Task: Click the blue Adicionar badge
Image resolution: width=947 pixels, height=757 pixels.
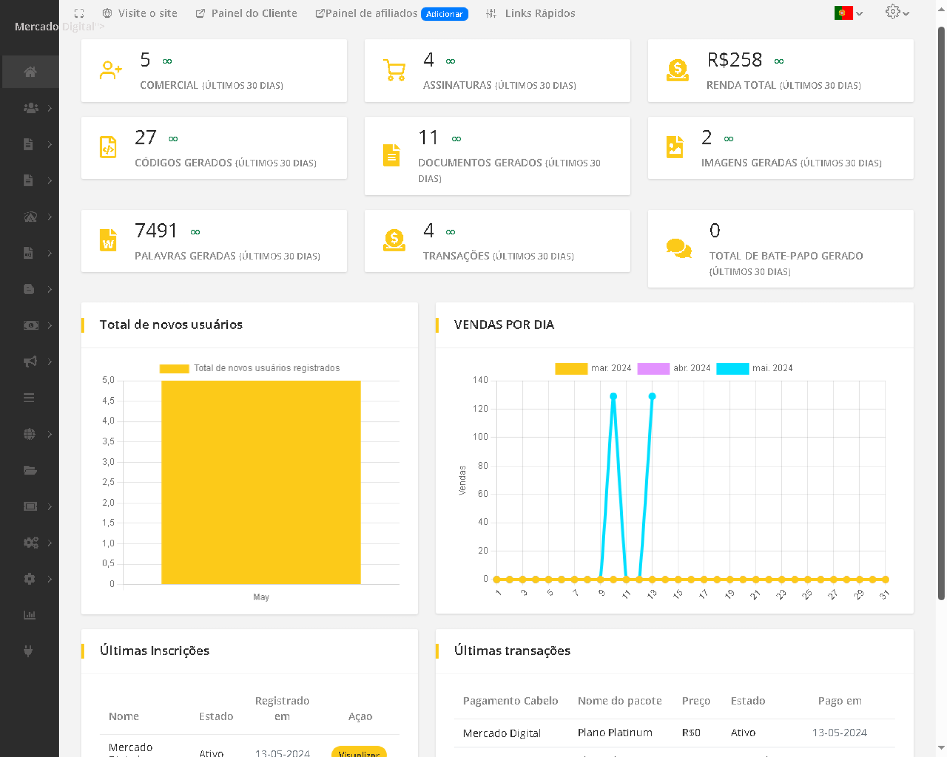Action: tap(444, 14)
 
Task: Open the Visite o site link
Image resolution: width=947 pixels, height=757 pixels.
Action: tap(140, 13)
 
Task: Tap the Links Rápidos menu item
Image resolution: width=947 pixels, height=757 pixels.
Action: tap(531, 13)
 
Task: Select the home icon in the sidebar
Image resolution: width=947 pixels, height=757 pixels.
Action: tap(30, 72)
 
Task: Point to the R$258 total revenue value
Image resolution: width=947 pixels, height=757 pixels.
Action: tap(734, 60)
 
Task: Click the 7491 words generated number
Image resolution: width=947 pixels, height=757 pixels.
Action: tap(156, 231)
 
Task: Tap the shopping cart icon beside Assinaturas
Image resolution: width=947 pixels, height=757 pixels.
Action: tap(394, 70)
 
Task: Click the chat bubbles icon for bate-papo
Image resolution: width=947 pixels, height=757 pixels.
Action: tap(679, 248)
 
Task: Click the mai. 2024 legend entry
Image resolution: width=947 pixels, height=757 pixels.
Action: tap(755, 368)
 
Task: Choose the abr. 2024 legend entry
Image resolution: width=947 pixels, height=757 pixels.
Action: tap(674, 368)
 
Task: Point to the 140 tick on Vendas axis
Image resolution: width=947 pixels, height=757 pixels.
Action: tap(480, 380)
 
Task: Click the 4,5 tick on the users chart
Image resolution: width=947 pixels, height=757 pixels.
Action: tap(108, 401)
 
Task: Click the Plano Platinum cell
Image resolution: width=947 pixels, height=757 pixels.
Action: tap(615, 733)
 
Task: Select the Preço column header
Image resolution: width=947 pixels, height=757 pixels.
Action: tap(696, 701)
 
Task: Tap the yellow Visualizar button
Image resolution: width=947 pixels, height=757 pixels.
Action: tap(359, 752)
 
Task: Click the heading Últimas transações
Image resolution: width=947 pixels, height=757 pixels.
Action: tap(512, 651)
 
